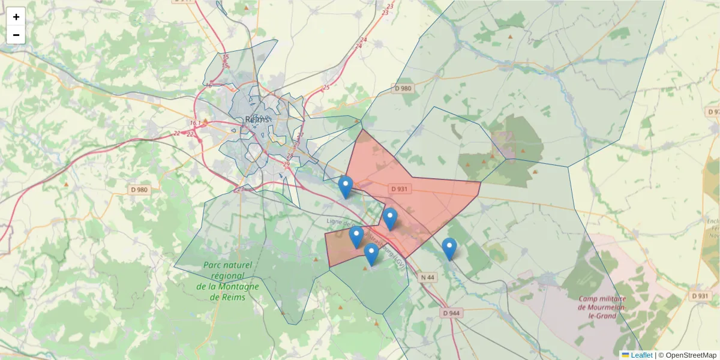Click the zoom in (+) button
16,17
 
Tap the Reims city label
257,119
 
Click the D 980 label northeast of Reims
404,88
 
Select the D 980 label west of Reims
139,190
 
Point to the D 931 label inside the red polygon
400,188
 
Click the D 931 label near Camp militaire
700,296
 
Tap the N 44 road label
427,277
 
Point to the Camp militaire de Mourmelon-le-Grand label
602,307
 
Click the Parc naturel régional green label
228,275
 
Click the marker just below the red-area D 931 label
390,219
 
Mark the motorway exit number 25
326,88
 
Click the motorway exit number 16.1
195,123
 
